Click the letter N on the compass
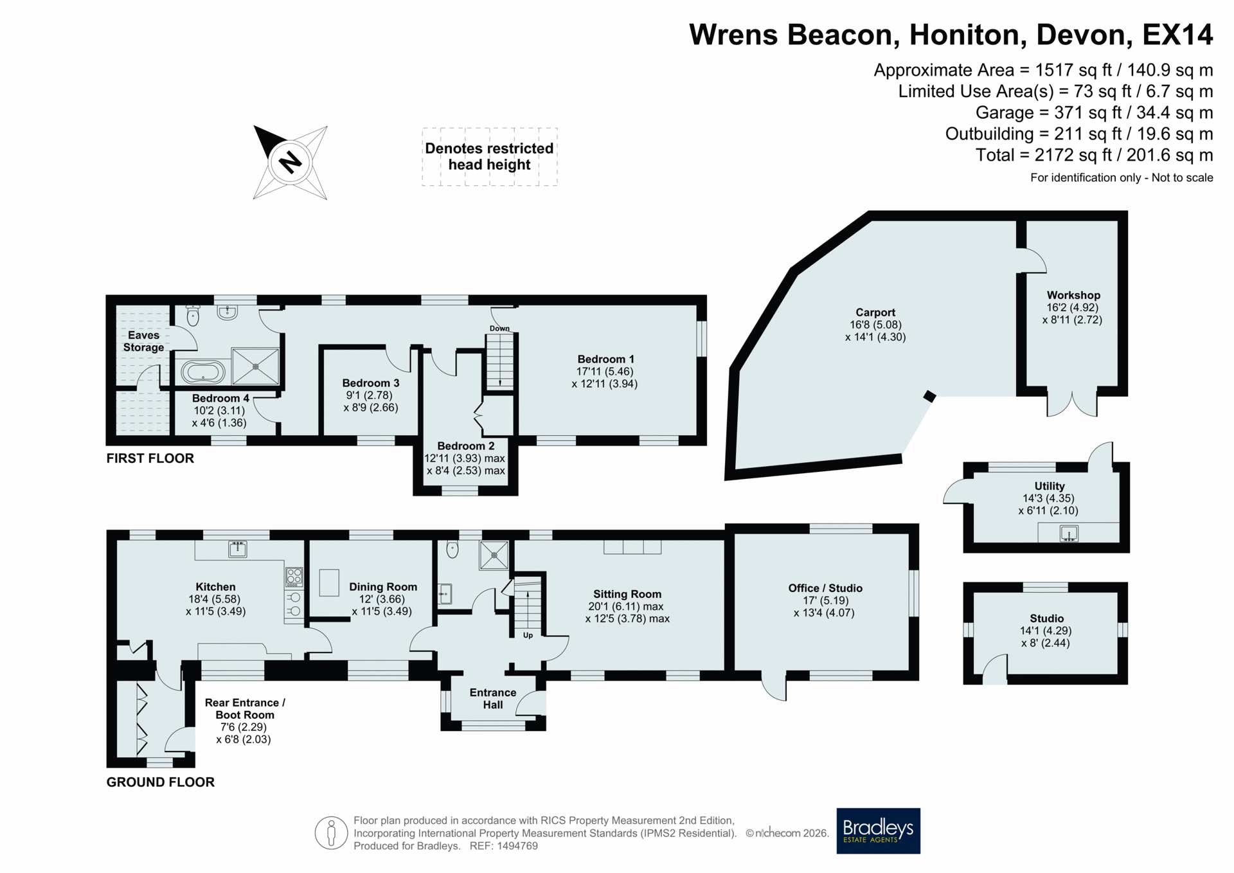tap(291, 161)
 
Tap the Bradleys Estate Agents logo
tap(878, 831)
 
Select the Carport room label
tap(875, 312)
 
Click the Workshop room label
tap(1073, 295)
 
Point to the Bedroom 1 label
tap(605, 359)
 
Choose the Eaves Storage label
tap(143, 341)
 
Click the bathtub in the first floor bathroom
tap(203, 372)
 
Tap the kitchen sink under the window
tap(238, 549)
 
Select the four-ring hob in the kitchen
tap(294, 577)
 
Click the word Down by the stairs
tap(499, 328)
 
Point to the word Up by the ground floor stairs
tap(528, 635)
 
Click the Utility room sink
tap(1069, 534)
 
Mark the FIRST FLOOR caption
tap(150, 458)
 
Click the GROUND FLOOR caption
tap(160, 782)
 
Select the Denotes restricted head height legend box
tap(490, 157)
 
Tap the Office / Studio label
tap(825, 588)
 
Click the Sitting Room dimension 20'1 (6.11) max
tap(626, 606)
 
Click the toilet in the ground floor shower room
tap(452, 550)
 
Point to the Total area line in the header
tap(1094, 155)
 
